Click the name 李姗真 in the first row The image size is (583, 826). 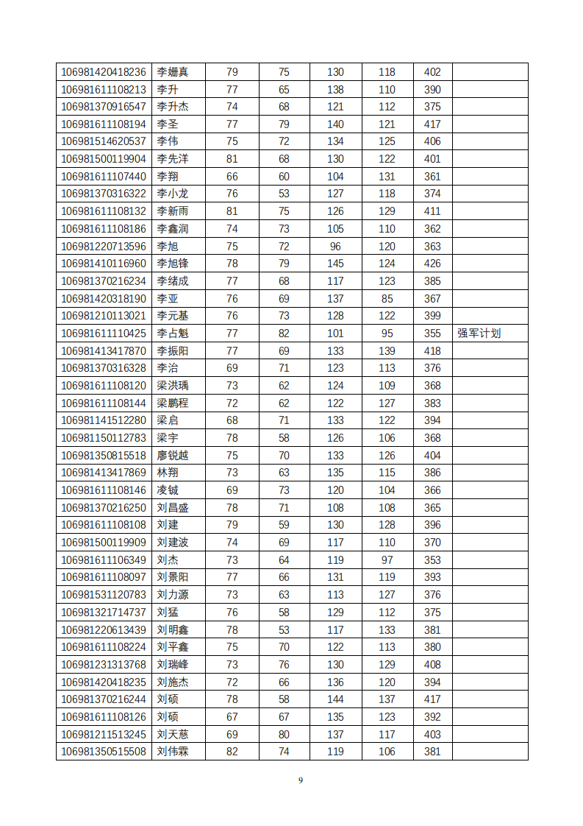173,72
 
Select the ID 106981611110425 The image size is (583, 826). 104,333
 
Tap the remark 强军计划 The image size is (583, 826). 479,333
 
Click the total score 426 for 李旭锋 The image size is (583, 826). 432,264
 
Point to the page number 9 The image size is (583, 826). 300,780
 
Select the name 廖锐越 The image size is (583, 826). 173,456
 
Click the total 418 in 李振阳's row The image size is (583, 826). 432,351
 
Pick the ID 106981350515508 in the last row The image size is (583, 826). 104,752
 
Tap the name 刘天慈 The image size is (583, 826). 173,735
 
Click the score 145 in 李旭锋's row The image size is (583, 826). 335,264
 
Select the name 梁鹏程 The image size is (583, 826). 173,403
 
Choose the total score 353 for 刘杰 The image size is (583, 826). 432,560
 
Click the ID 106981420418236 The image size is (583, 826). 104,72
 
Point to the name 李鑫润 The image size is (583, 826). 173,229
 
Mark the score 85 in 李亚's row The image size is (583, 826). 387,299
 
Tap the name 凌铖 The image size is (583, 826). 168,490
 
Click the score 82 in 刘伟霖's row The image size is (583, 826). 232,752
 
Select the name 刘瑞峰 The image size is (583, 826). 173,665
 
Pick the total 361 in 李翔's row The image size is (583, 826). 432,177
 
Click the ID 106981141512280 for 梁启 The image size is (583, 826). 104,420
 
